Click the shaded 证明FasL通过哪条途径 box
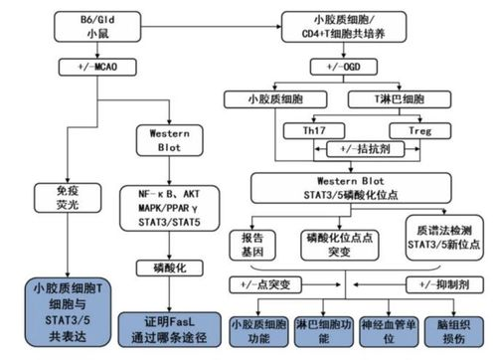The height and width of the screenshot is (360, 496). coord(159,327)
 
